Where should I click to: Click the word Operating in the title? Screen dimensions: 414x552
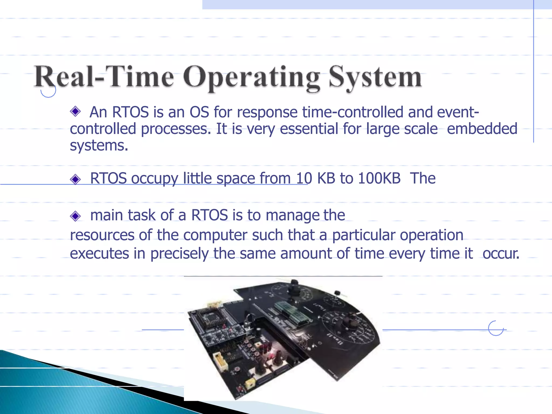(252, 78)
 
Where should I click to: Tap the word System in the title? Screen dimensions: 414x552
(375, 78)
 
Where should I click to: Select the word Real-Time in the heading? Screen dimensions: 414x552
(104, 77)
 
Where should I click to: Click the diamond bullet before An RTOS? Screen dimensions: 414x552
(75, 111)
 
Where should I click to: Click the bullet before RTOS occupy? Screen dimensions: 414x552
(75, 179)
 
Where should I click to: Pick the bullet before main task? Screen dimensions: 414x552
(75, 216)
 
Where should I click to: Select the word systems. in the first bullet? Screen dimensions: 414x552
(99, 146)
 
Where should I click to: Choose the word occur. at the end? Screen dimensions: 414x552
(501, 254)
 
